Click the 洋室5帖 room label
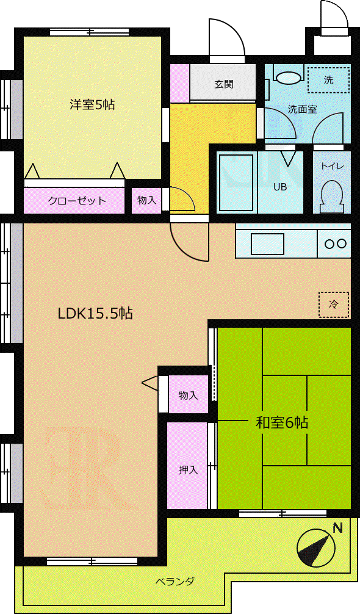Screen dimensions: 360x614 point(92,104)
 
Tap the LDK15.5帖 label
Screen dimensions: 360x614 point(95,314)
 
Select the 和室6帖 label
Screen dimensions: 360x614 point(282,422)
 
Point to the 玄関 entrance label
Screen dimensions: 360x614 point(224,84)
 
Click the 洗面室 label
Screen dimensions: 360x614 point(302,109)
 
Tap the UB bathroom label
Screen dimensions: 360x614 point(280,187)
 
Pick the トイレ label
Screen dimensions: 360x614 point(332,167)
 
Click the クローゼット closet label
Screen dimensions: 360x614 point(77,201)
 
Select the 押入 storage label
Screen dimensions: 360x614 point(188,469)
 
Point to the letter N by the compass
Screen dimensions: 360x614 point(337,528)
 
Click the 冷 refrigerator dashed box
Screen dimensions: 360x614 point(333,305)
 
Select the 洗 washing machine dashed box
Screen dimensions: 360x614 point(328,80)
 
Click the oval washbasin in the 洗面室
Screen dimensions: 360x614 point(289,77)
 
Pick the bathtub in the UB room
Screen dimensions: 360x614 point(236,182)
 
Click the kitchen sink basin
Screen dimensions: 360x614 point(267,244)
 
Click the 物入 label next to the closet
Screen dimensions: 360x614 point(146,200)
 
